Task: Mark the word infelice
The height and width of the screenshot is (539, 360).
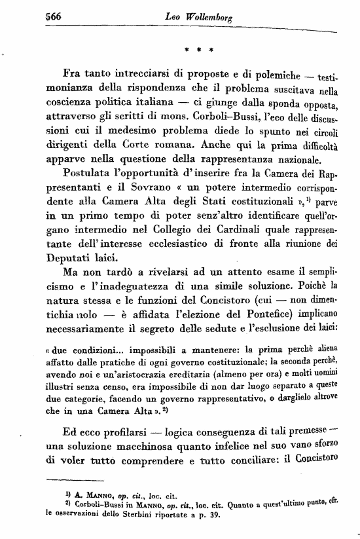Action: [221, 447]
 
